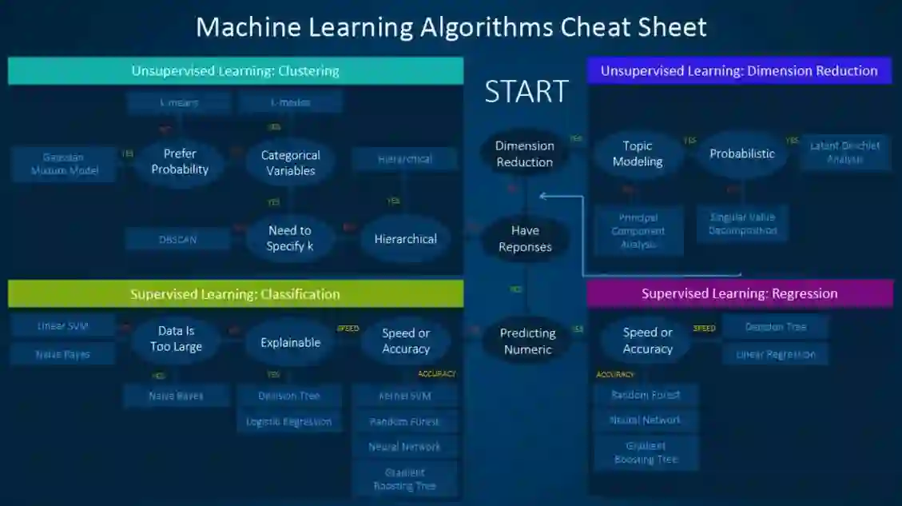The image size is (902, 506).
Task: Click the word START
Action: click(526, 92)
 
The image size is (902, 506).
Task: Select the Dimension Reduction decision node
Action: click(524, 153)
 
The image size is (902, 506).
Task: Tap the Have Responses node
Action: click(525, 238)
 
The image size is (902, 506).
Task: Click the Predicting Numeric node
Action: click(527, 341)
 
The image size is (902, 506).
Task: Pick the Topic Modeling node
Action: click(638, 153)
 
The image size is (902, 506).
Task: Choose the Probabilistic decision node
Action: click(742, 153)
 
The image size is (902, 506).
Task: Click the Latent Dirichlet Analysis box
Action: click(845, 152)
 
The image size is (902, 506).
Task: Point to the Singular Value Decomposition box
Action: click(742, 223)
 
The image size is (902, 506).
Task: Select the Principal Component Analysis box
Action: click(638, 230)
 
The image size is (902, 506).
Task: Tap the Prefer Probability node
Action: click(180, 161)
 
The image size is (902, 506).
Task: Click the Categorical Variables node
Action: click(291, 162)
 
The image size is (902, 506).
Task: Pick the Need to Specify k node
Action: click(289, 238)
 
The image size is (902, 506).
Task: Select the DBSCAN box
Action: click(177, 239)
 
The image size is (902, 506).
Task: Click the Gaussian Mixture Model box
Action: click(63, 163)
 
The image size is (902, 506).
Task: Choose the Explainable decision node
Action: click(290, 342)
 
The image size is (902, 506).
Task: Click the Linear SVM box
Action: click(63, 326)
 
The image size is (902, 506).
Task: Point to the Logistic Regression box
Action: click(288, 422)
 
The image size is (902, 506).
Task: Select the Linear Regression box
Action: click(775, 354)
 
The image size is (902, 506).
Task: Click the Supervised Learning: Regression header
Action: click(739, 293)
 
